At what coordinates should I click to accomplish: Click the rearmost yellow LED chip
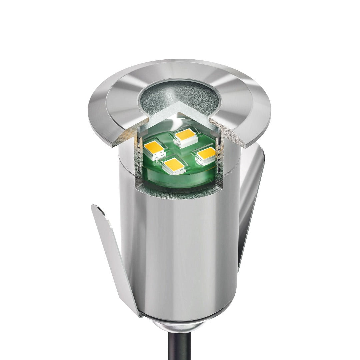pos(185,134)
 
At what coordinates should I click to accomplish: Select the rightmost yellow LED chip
pos(206,153)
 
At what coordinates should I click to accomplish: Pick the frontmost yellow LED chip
pos(174,165)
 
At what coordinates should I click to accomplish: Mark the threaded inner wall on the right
pos(218,150)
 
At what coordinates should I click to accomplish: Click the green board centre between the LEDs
pos(180,152)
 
